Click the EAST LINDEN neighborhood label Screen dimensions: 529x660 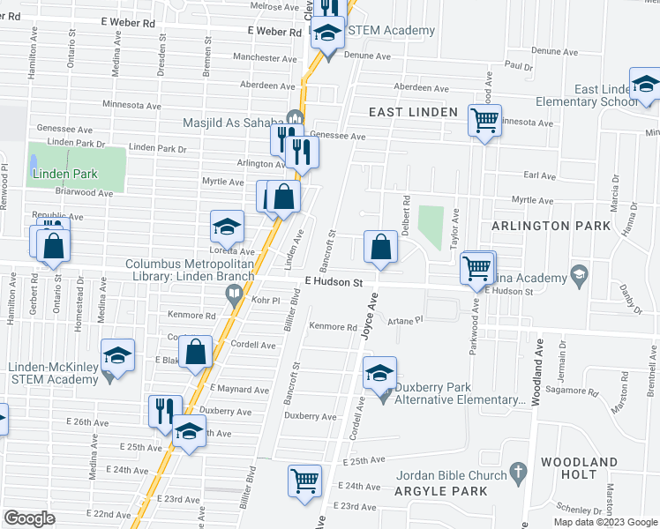click(412, 112)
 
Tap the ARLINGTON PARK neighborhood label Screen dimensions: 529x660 click(551, 227)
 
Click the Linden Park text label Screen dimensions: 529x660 click(65, 174)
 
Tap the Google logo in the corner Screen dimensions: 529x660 click(29, 518)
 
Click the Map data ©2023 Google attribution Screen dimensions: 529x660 click(605, 522)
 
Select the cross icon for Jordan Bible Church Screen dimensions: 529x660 click(519, 475)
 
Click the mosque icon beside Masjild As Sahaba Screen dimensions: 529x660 click(295, 120)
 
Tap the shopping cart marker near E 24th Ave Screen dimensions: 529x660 click(304, 481)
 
